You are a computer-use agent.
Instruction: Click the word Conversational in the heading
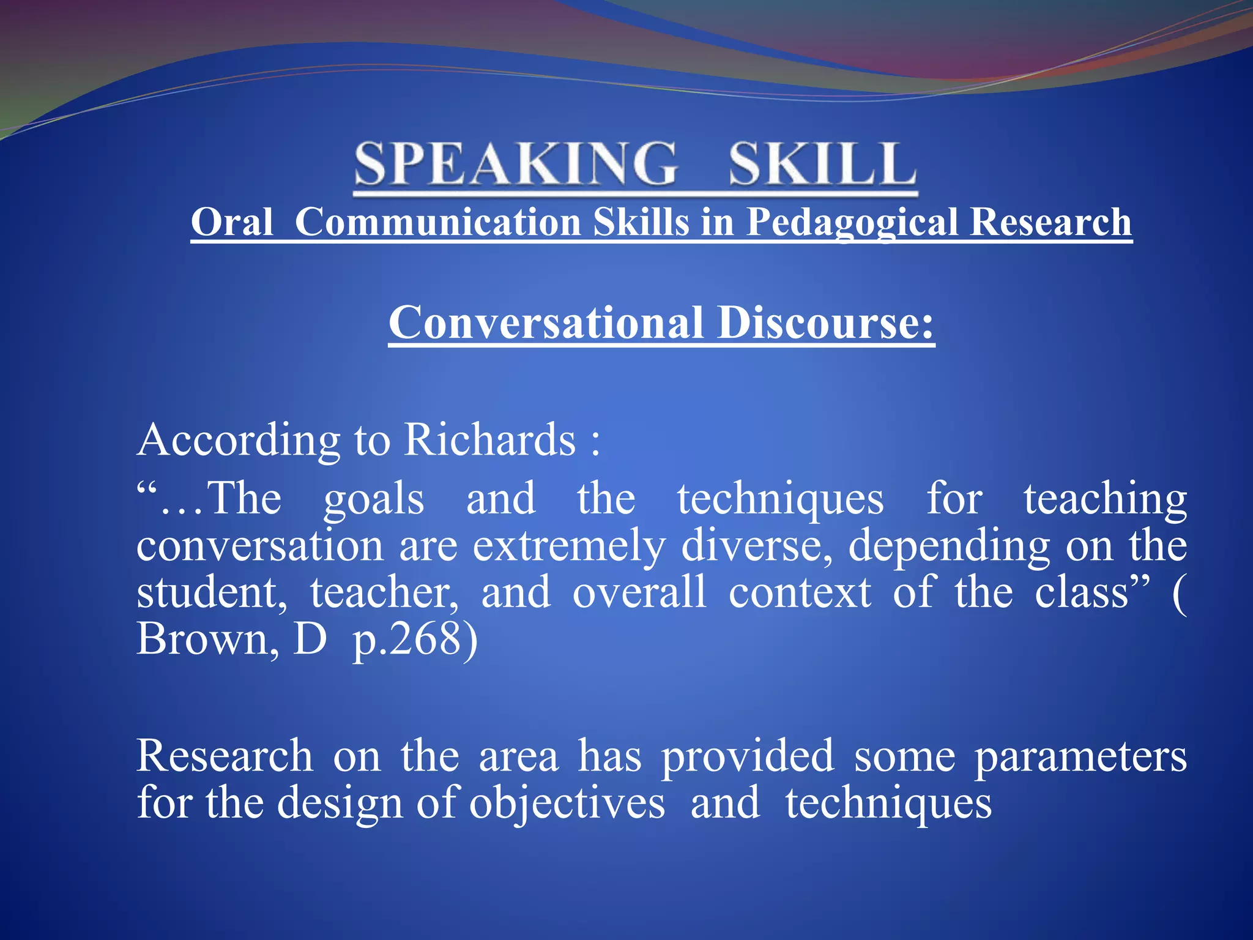click(x=546, y=323)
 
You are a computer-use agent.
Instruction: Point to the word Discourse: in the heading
click(x=826, y=323)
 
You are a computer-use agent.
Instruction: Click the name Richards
click(x=490, y=439)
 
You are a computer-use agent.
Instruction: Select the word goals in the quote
click(x=373, y=499)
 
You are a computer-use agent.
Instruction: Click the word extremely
click(x=569, y=545)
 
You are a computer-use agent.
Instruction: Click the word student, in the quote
click(x=212, y=592)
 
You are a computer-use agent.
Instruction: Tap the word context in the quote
click(x=800, y=592)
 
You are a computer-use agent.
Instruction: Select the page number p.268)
click(x=415, y=640)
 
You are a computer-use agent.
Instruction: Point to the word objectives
click(x=567, y=803)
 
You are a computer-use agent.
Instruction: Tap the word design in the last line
click(x=340, y=803)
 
